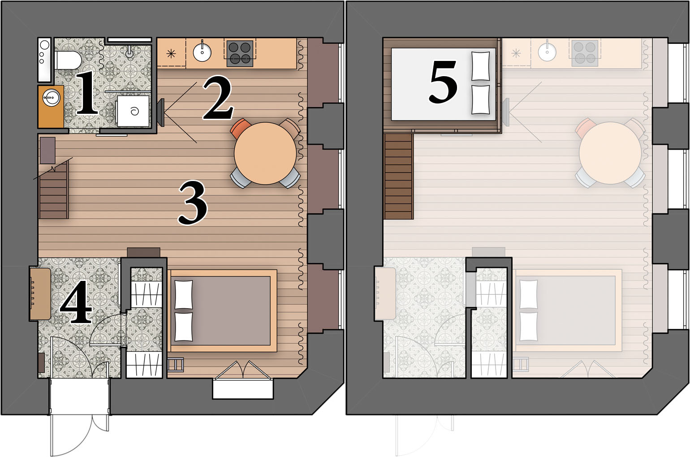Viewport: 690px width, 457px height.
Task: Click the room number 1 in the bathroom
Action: tap(87, 92)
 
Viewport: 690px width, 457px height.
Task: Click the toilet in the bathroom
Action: tap(68, 60)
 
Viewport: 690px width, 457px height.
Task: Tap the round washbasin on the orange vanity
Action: tap(51, 98)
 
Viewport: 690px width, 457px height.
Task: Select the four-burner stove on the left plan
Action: tap(240, 54)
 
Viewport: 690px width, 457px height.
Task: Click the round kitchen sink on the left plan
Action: tap(202, 52)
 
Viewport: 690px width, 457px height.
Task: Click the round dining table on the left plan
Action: tap(265, 153)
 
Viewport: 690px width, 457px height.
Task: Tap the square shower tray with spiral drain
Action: tap(133, 111)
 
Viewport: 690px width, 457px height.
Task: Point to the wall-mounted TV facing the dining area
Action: tap(161, 112)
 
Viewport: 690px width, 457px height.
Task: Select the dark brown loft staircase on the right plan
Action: tap(399, 176)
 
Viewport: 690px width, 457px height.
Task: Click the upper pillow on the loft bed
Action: tap(480, 66)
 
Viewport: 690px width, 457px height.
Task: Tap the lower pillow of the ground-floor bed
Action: tap(184, 327)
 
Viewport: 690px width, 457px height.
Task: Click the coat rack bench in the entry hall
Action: tap(40, 294)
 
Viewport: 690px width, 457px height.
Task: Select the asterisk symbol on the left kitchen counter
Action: tap(171, 54)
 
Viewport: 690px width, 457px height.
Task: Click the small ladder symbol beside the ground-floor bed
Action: tap(176, 365)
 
